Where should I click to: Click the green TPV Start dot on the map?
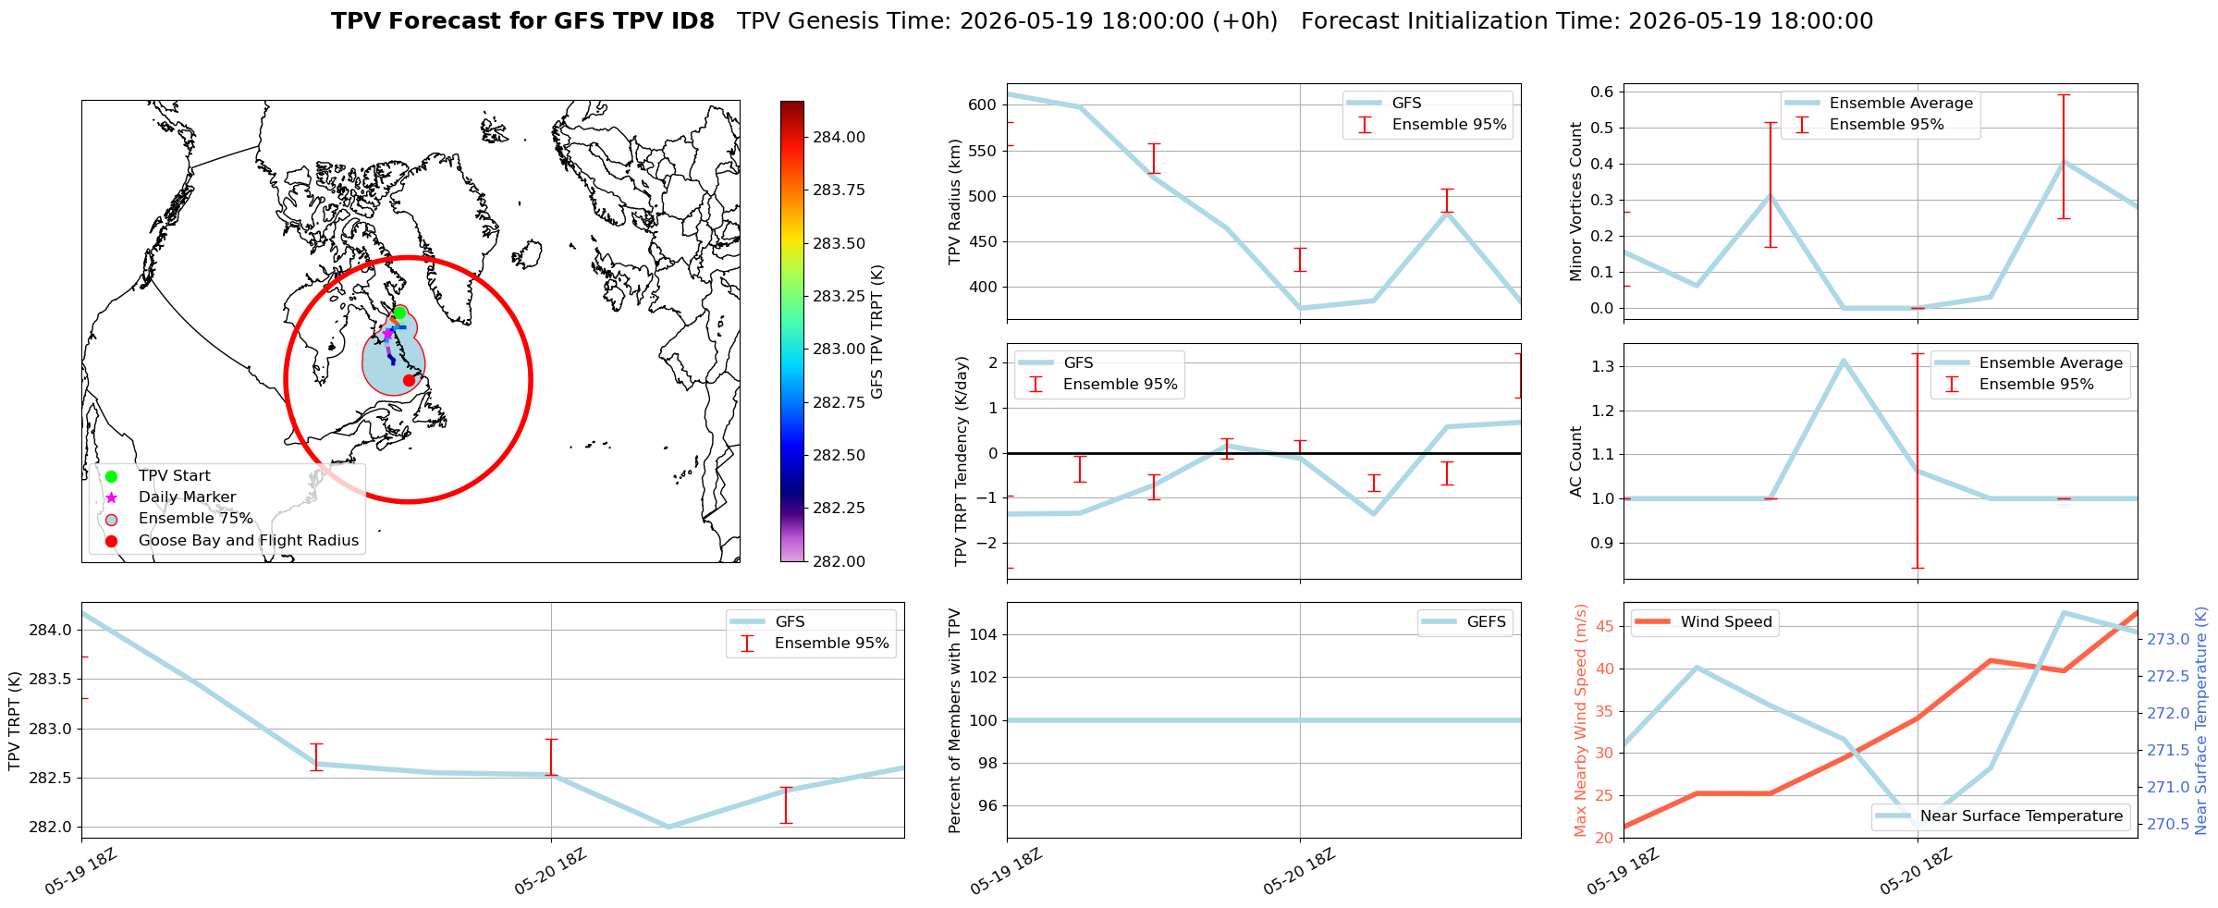click(399, 313)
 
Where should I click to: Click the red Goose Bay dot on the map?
click(409, 380)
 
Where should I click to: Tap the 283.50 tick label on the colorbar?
click(839, 243)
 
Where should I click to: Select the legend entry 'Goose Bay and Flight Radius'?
click(249, 540)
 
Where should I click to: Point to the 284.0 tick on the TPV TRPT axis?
click(50, 631)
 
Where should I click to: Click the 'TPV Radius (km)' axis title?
click(956, 202)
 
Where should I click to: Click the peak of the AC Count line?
click(1844, 361)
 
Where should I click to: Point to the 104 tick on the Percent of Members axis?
click(985, 634)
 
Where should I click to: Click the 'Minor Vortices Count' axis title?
click(1576, 202)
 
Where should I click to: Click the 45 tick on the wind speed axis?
click(1605, 627)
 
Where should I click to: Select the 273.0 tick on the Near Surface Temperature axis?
click(2168, 639)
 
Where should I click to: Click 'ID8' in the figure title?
click(689, 21)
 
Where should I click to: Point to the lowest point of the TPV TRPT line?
click(668, 827)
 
